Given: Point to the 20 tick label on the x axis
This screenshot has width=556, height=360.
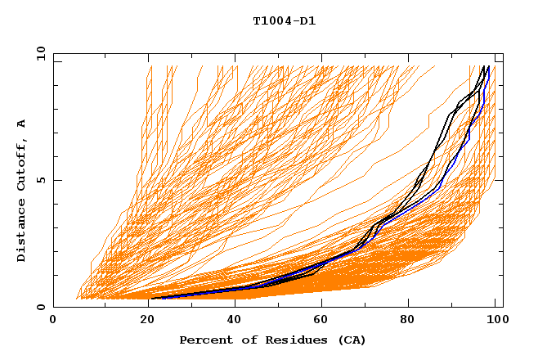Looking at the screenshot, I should tap(142, 320).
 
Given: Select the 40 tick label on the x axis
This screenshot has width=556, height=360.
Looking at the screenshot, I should tap(231, 320).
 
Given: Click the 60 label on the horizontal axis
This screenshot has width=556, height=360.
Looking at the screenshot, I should tap(320, 320).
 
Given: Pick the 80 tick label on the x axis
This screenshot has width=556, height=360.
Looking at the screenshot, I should tap(408, 320).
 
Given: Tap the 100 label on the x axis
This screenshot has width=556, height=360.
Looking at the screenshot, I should tap(495, 320).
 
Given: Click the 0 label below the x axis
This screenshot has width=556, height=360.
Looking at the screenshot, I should tap(54, 320).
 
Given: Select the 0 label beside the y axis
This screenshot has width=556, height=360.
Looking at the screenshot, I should tap(41, 308).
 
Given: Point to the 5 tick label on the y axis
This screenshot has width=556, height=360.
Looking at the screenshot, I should tap(41, 181).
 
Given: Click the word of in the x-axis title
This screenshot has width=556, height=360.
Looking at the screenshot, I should tap(244, 340).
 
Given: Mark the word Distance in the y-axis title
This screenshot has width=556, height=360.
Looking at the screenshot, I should tap(21, 233).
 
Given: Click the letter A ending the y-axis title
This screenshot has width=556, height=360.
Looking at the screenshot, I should tap(21, 124).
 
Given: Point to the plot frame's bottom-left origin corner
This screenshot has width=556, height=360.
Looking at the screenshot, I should tap(54, 308).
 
